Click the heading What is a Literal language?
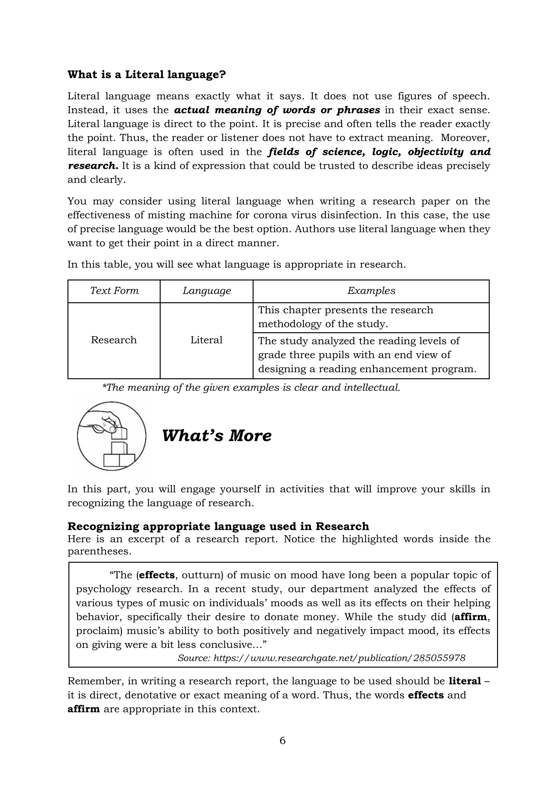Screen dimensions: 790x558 (146, 75)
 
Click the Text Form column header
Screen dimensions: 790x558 (114, 291)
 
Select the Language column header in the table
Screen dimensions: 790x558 (207, 291)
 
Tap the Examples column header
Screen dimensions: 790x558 (371, 291)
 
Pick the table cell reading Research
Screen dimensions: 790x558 (114, 340)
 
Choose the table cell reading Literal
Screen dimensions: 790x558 (207, 340)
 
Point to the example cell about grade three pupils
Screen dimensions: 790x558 (367, 355)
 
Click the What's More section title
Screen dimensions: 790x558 (216, 436)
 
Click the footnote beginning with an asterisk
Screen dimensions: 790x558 (251, 388)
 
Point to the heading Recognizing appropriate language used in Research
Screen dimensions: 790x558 (218, 526)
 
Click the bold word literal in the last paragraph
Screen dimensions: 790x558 (465, 681)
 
